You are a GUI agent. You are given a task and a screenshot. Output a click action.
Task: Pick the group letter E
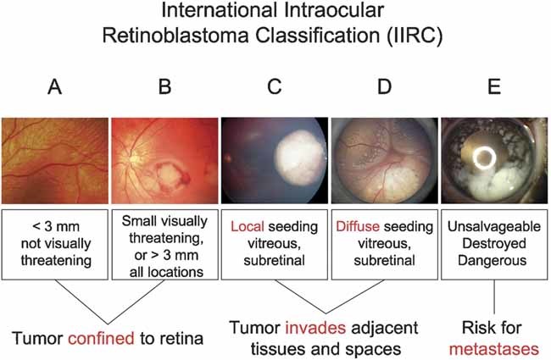tap(493, 88)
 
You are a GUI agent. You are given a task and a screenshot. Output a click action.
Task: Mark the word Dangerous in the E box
tap(494, 260)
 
